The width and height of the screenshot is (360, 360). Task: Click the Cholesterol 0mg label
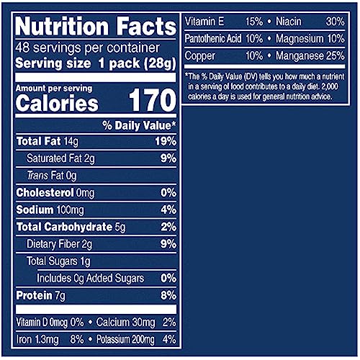tap(54, 192)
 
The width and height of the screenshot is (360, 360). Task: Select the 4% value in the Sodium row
tap(168, 210)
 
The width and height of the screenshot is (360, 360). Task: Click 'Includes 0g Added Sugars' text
tap(90, 278)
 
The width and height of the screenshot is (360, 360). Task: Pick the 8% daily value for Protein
tap(168, 295)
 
